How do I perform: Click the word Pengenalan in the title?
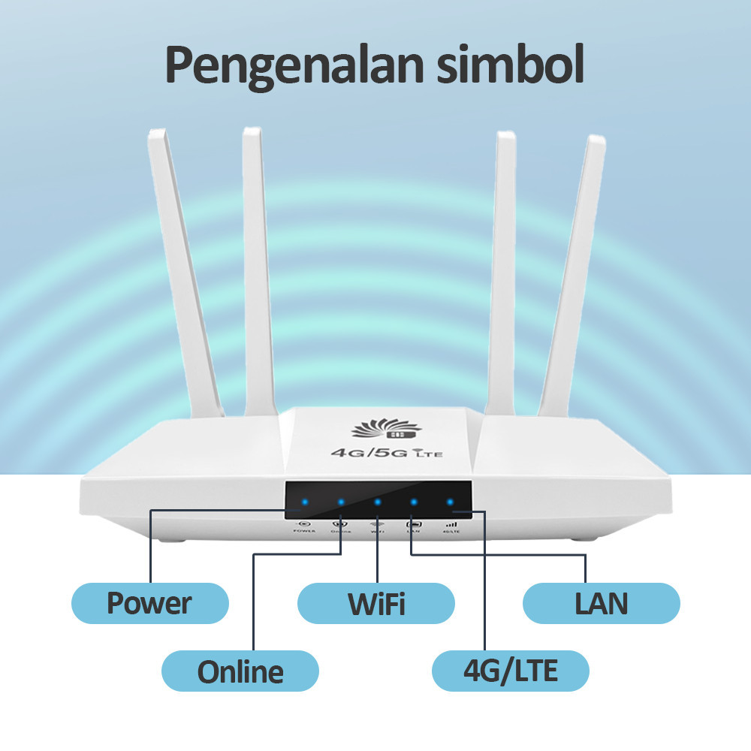click(x=294, y=65)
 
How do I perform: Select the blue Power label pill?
click(x=149, y=603)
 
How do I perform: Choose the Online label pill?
click(x=240, y=671)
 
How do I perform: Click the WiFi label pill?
click(x=376, y=603)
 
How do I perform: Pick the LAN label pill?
click(x=602, y=603)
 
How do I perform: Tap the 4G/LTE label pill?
click(x=511, y=671)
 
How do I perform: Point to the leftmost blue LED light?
click(x=304, y=502)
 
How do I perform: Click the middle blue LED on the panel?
click(x=377, y=502)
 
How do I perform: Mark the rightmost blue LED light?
click(x=450, y=502)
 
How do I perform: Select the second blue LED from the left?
click(x=341, y=502)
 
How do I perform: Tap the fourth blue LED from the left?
click(x=413, y=502)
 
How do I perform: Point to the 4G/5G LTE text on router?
click(x=381, y=452)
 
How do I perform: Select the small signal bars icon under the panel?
click(x=451, y=524)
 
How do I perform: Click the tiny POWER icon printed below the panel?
click(x=304, y=524)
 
